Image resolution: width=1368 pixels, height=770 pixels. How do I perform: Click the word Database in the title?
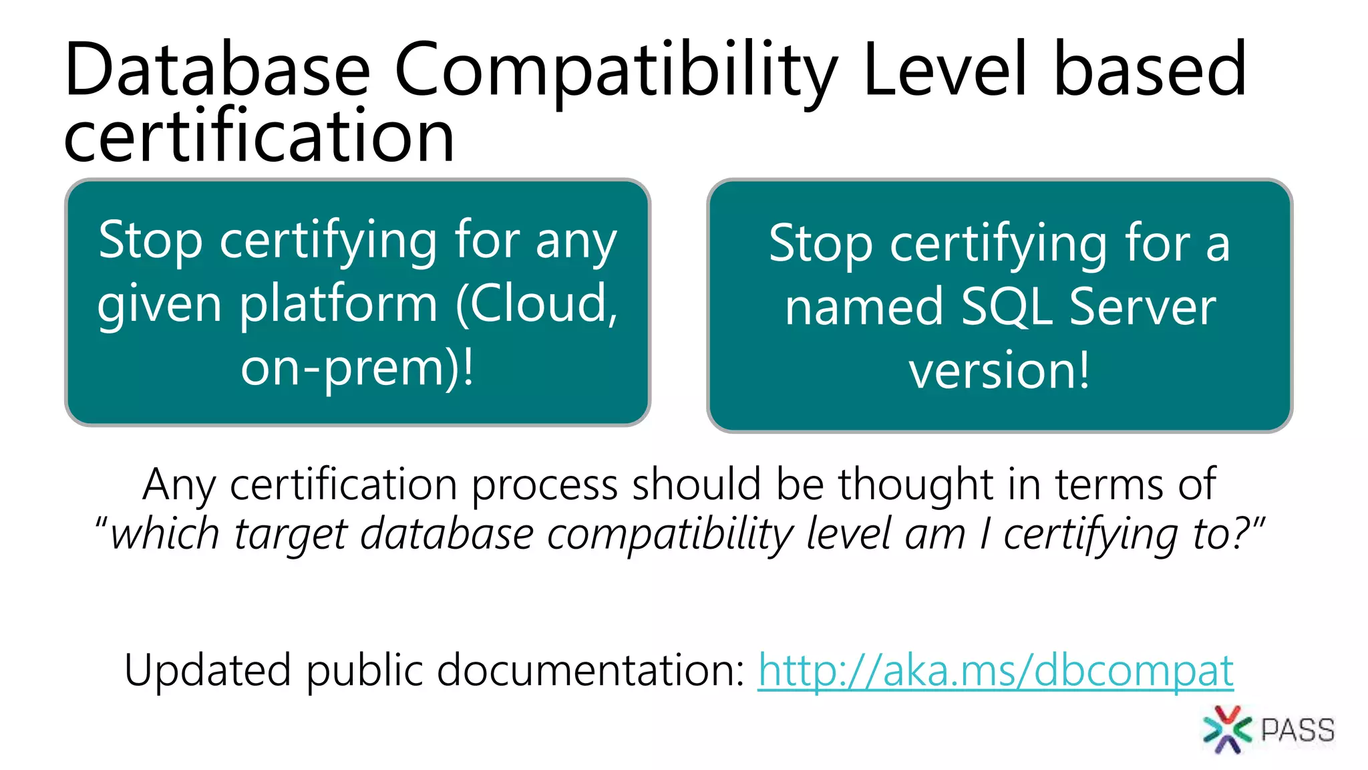(217, 70)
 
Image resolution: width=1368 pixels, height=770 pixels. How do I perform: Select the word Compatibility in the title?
(615, 71)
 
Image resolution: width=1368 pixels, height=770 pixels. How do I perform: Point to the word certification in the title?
(259, 137)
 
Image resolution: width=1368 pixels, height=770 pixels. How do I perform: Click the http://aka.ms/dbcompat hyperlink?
(995, 670)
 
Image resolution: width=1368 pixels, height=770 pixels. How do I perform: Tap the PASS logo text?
(1297, 730)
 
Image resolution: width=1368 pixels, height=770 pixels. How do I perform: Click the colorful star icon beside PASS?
(1226, 729)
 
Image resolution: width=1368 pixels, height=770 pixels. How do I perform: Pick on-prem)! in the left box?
(357, 368)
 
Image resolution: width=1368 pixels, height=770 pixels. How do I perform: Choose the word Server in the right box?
(1142, 307)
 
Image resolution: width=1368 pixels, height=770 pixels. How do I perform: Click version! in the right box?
(999, 371)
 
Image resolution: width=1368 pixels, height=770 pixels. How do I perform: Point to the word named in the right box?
(864, 307)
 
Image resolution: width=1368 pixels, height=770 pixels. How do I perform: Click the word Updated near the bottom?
(208, 670)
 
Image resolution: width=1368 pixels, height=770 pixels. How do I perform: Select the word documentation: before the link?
(591, 670)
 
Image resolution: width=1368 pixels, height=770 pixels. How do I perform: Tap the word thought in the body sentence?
(916, 484)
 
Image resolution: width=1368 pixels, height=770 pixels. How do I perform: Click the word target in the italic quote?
(291, 535)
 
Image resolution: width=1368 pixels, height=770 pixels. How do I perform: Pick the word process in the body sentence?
(545, 485)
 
